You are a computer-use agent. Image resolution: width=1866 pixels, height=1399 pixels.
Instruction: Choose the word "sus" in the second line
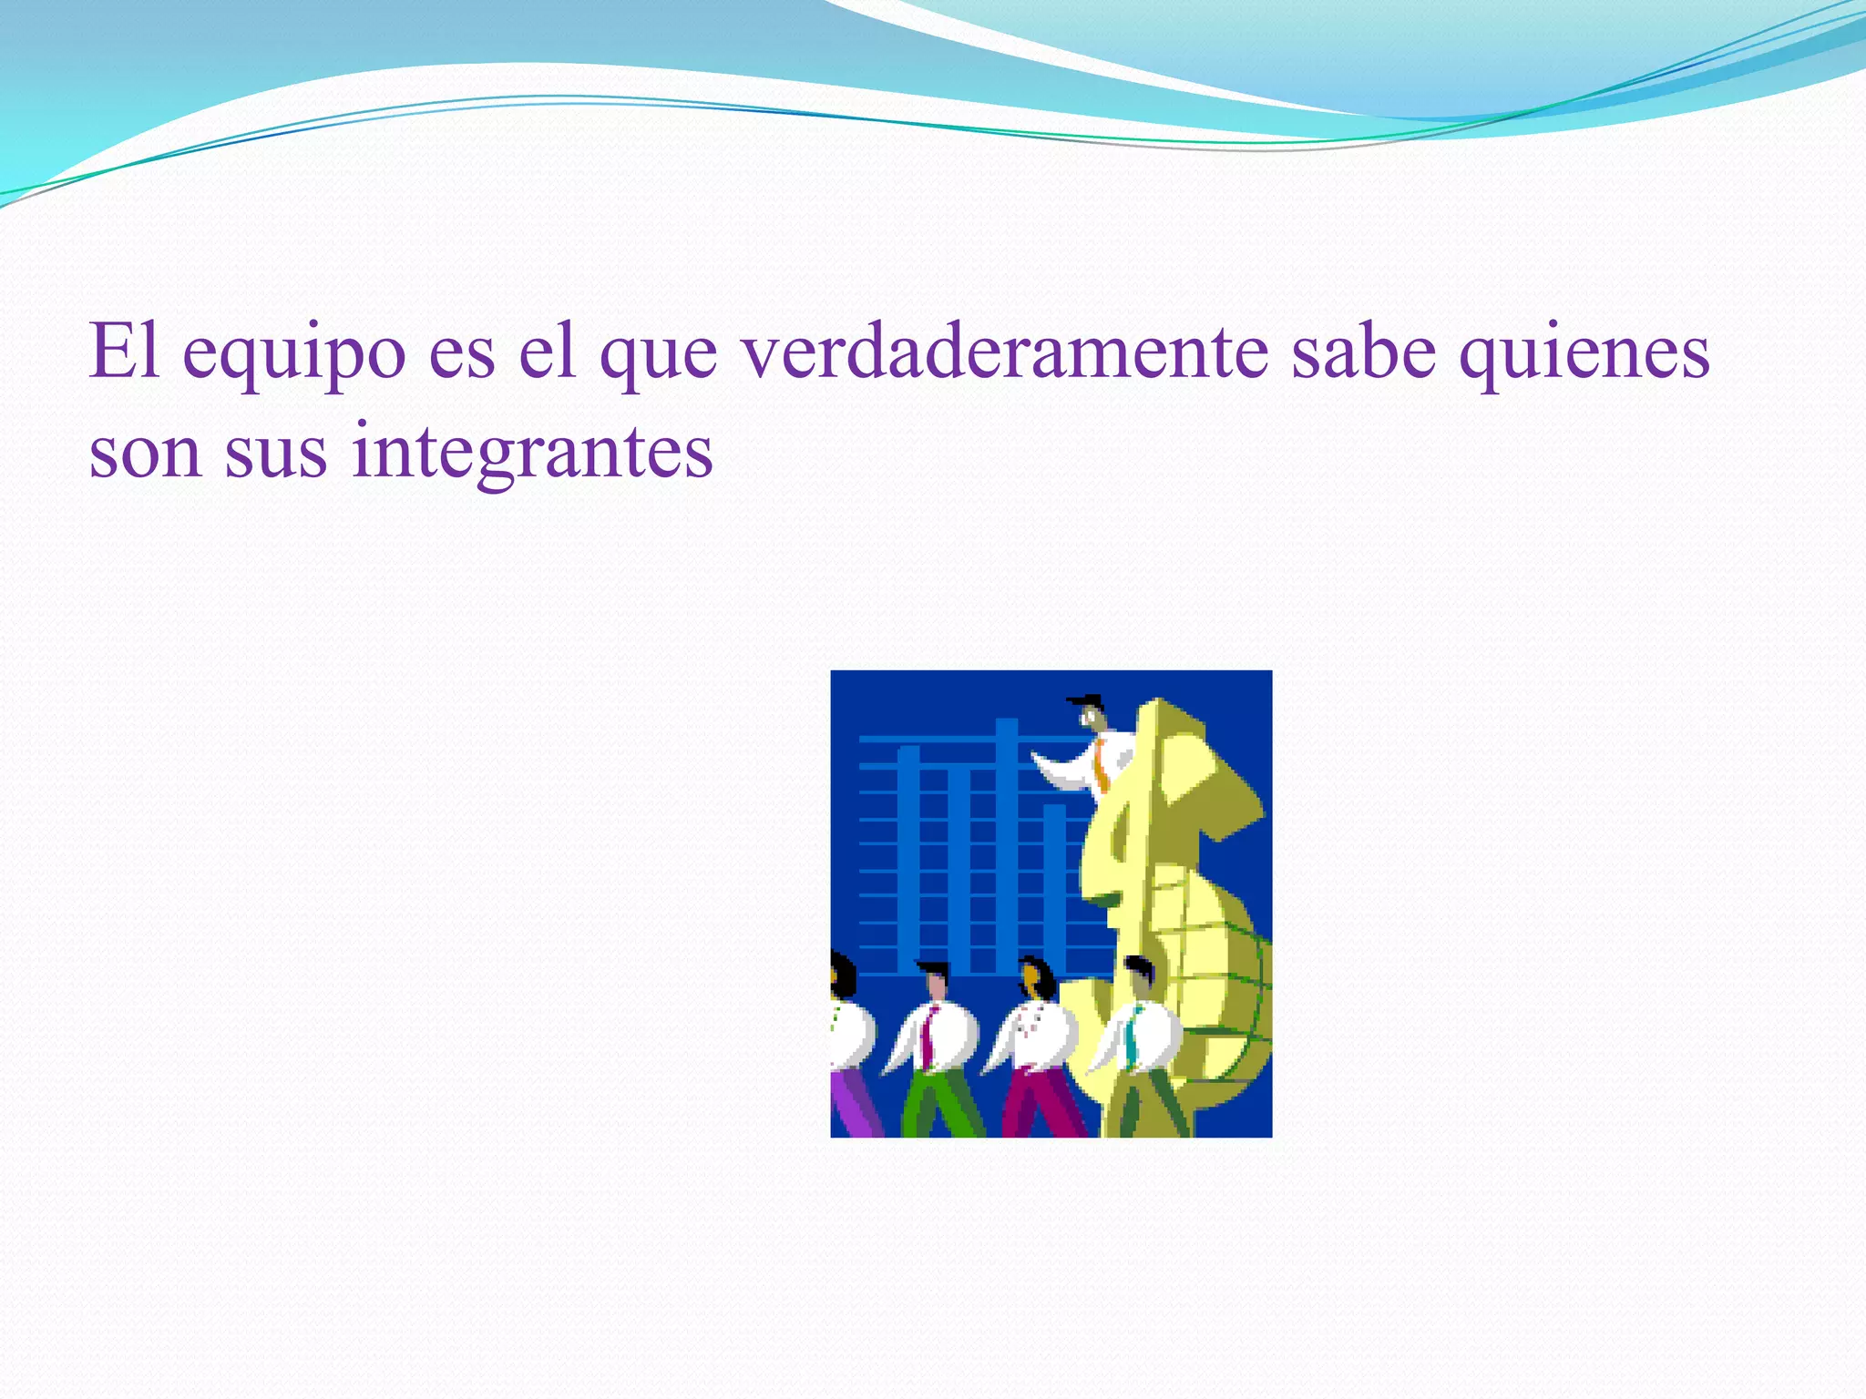pos(275,454)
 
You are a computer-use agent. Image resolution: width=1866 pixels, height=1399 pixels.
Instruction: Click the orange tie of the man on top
pos(1102,766)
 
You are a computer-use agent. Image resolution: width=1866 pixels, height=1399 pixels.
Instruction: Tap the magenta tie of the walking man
pos(928,1037)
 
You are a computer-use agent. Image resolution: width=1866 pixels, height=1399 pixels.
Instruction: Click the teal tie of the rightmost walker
pos(1131,1037)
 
